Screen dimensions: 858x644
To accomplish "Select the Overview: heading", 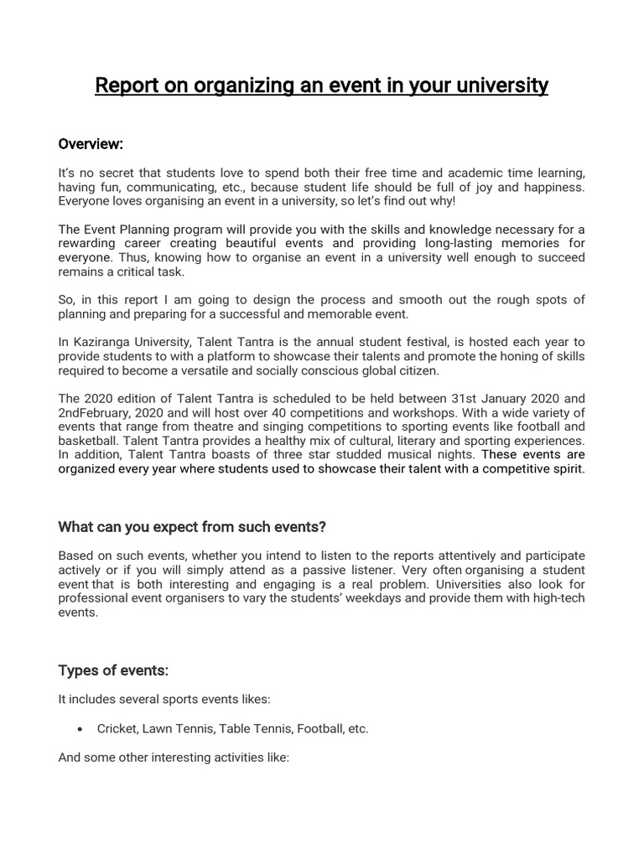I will point(91,144).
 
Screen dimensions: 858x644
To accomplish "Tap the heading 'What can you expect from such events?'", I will point(192,527).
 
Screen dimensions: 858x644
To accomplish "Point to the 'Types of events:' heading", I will point(113,670).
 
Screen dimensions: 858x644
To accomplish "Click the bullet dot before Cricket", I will point(78,729).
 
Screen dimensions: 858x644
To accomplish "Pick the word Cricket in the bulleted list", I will point(116,729).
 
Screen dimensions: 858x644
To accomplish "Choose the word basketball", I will point(87,441).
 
